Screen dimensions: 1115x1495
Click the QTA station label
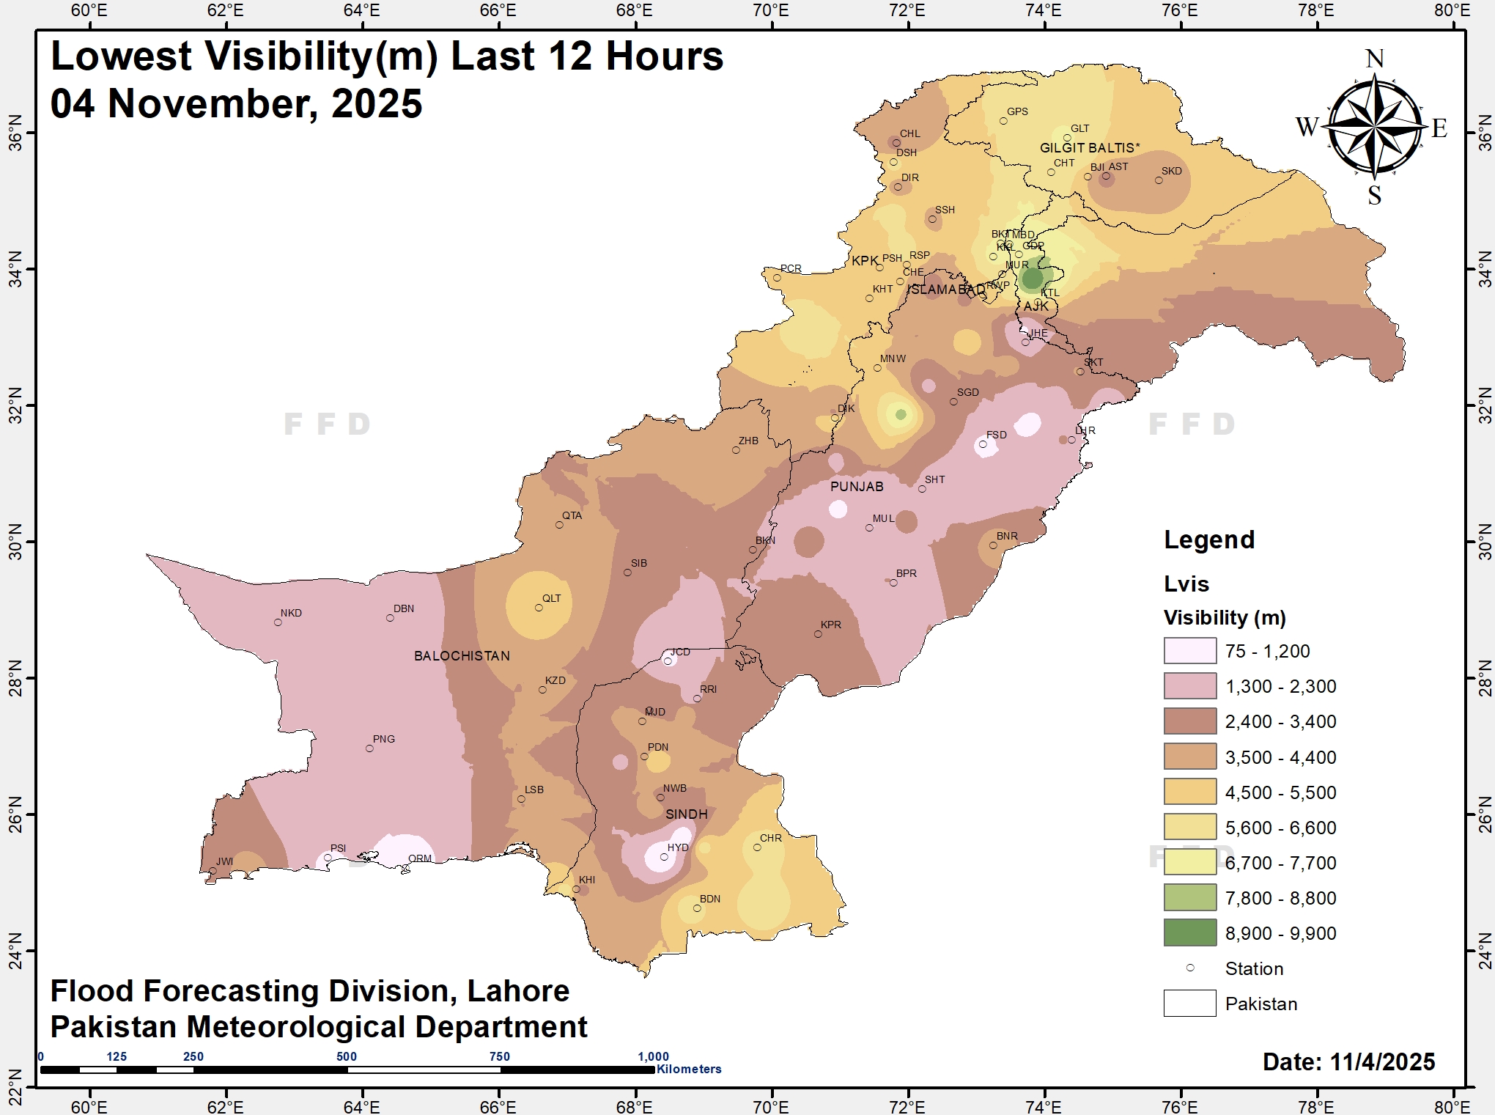(572, 515)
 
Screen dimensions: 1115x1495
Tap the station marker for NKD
(278, 622)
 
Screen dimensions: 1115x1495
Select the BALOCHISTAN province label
(462, 656)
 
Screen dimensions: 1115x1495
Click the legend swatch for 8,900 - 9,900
(1189, 933)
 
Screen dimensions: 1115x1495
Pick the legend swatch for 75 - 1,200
(1189, 651)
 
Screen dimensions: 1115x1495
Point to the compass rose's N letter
(1375, 59)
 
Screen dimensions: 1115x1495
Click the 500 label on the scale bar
(347, 1056)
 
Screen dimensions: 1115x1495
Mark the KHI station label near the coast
(587, 880)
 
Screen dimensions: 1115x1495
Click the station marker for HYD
(664, 857)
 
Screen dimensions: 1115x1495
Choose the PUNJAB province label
(857, 487)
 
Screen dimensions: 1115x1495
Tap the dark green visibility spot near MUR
(1033, 279)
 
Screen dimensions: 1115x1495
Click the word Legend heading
(1209, 540)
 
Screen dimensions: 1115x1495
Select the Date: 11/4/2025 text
(1348, 1062)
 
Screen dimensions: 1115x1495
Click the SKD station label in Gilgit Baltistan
(1171, 171)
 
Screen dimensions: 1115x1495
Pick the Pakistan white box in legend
(1189, 1004)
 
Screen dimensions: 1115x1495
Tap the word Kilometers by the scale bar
(689, 1069)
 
